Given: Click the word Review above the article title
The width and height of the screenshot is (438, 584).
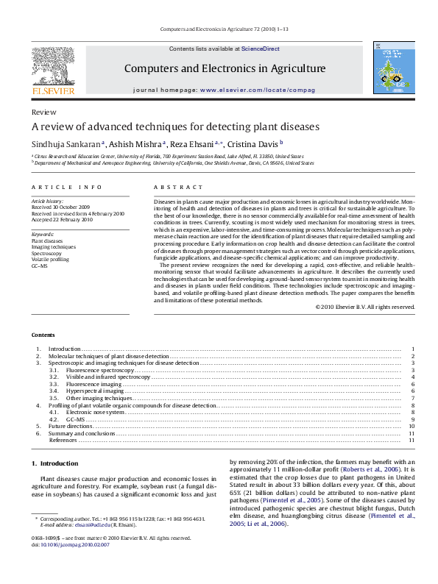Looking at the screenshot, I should [x=44, y=112].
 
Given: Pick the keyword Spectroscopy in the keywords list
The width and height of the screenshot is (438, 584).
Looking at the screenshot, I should [x=46, y=252].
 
